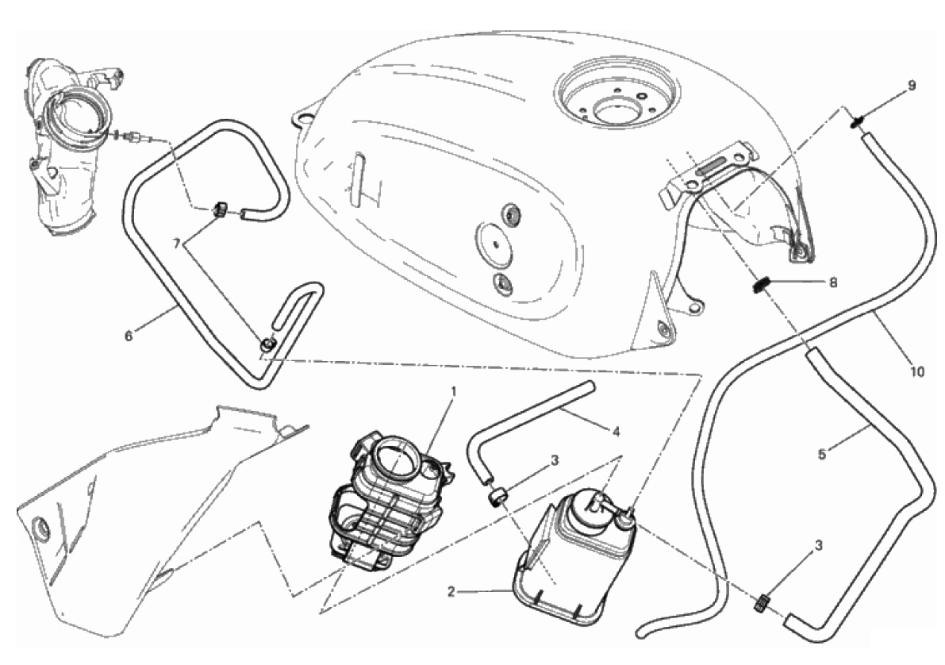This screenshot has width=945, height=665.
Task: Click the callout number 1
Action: pyautogui.click(x=454, y=392)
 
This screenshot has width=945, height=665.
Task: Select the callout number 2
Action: pyautogui.click(x=451, y=591)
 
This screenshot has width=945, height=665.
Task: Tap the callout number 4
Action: pyautogui.click(x=616, y=432)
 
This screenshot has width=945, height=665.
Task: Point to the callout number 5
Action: pyautogui.click(x=822, y=454)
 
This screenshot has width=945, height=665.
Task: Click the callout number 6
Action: pyautogui.click(x=129, y=336)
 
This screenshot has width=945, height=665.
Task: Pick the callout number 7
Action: pyautogui.click(x=177, y=244)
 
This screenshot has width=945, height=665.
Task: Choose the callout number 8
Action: pyautogui.click(x=833, y=283)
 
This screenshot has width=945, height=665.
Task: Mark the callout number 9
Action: pyautogui.click(x=912, y=86)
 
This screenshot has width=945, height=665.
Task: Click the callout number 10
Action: pyautogui.click(x=916, y=372)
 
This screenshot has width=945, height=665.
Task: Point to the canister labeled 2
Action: pyautogui.click(x=573, y=552)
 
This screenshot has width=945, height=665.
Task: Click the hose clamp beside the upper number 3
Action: pyautogui.click(x=497, y=498)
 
